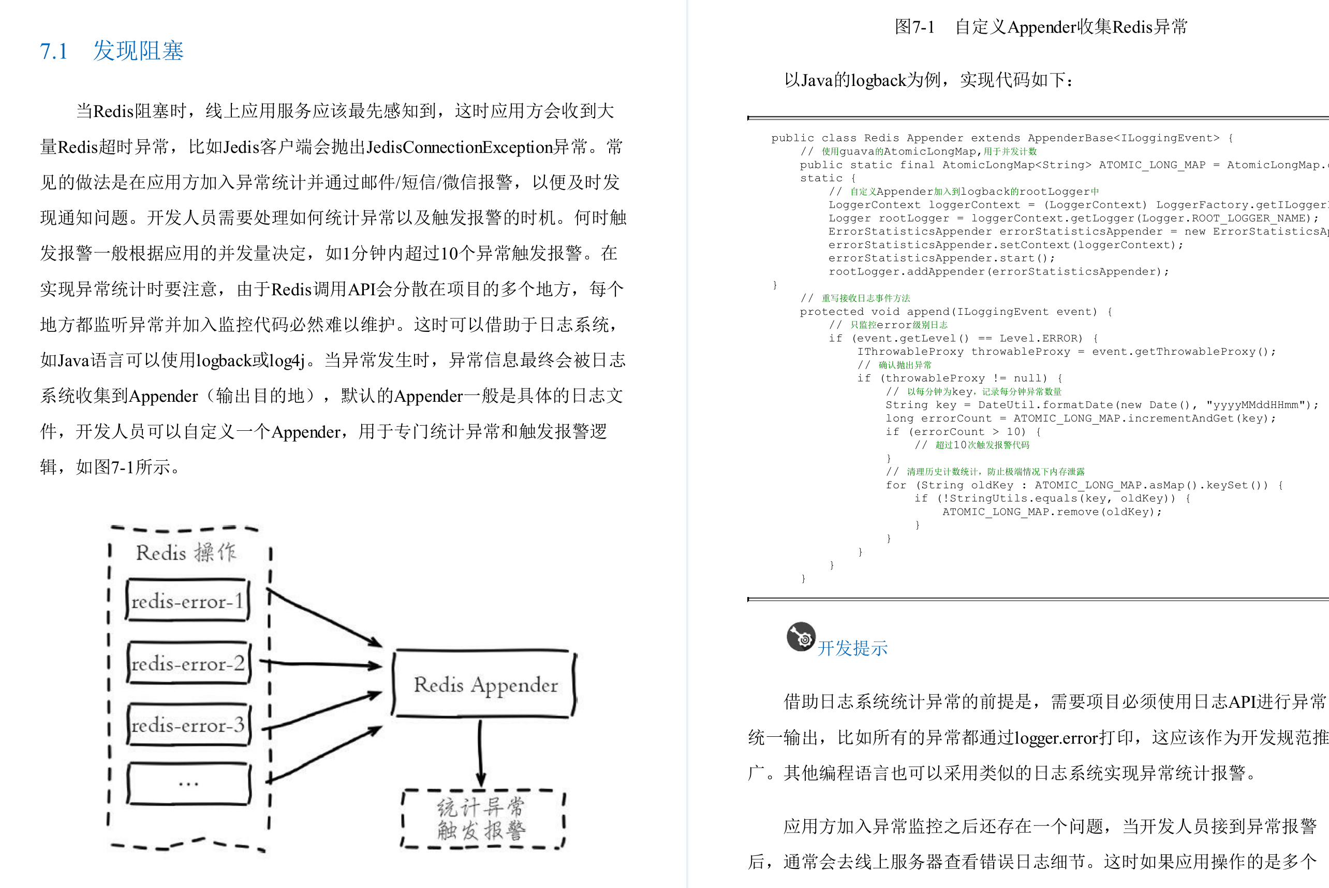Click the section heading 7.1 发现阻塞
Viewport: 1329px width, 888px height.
click(x=111, y=51)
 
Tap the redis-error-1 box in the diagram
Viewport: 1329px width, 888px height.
click(x=187, y=601)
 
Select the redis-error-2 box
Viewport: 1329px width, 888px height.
click(x=188, y=663)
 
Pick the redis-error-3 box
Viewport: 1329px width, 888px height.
click(x=188, y=725)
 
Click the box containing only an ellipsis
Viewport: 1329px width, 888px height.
click(x=188, y=784)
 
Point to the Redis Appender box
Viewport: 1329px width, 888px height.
click(x=485, y=685)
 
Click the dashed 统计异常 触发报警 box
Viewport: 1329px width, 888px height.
click(x=482, y=819)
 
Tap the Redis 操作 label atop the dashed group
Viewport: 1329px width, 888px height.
click(x=186, y=552)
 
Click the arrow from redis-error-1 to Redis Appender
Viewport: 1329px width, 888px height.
click(x=324, y=618)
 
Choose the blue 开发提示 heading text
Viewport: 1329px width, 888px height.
click(x=852, y=648)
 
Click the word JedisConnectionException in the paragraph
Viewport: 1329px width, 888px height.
click(x=459, y=147)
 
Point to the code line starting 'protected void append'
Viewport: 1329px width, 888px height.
click(x=954, y=312)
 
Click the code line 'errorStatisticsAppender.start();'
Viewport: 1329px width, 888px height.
click(x=941, y=258)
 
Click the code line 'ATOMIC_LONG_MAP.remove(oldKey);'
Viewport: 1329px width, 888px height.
click(x=1051, y=512)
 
